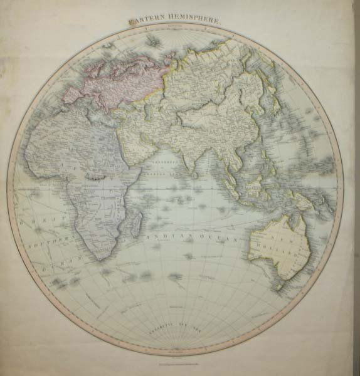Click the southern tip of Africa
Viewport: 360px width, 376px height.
click(98, 256)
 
